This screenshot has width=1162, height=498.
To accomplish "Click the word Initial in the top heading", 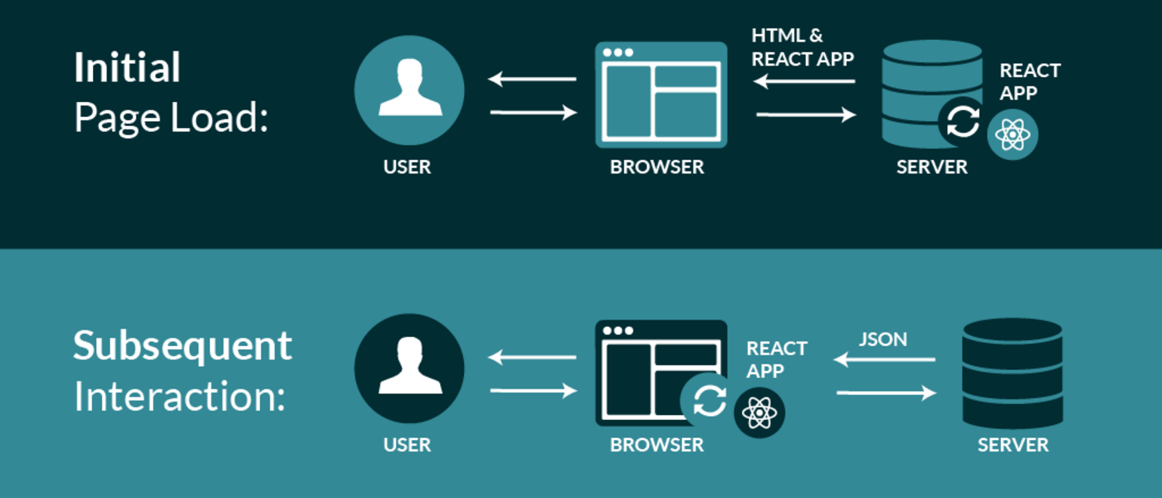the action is click(127, 68).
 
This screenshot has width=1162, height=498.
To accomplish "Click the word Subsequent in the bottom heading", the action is click(183, 346).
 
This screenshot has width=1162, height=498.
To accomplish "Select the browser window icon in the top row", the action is click(661, 95).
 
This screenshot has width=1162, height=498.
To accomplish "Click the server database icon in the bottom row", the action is click(1013, 373).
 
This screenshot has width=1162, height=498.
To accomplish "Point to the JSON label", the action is click(882, 339).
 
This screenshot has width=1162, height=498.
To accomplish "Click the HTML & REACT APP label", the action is click(803, 47).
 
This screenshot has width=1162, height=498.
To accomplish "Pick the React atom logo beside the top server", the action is click(1013, 134).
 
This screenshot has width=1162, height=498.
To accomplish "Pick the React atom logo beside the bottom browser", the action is click(759, 412).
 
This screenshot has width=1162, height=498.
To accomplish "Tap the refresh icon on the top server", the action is click(963, 123).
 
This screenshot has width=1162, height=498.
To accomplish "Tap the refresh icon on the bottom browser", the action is click(709, 401).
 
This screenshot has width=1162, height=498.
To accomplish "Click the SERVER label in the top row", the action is click(931, 167).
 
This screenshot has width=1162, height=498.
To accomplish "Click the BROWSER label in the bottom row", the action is click(657, 445).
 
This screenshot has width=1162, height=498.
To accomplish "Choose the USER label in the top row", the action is click(407, 167).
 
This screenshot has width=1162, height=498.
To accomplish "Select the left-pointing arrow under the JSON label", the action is click(885, 359).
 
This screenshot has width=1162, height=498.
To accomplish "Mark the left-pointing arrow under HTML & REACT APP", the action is click(804, 81).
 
